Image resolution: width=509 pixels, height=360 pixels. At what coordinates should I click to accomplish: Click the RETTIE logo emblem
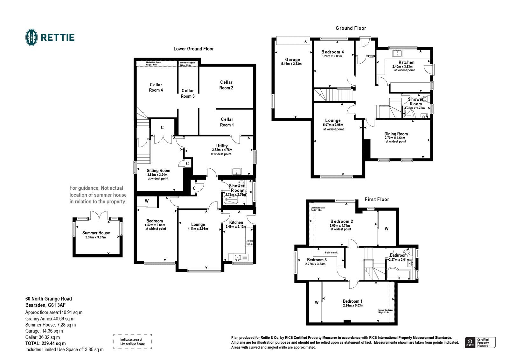click(31, 37)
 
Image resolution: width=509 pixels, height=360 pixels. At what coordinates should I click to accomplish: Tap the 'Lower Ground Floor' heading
click(193, 49)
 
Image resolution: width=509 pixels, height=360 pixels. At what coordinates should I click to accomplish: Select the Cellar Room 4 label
click(156, 88)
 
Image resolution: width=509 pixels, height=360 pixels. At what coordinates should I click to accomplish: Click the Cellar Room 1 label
click(227, 122)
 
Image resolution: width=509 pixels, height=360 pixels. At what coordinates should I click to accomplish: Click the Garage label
click(292, 60)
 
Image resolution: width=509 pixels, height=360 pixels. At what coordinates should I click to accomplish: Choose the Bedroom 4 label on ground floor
click(332, 52)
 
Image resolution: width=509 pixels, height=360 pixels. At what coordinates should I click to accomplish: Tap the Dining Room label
click(396, 134)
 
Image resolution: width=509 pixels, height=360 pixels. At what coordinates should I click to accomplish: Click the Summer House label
click(96, 233)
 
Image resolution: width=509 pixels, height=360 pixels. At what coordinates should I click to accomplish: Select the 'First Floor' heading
click(377, 199)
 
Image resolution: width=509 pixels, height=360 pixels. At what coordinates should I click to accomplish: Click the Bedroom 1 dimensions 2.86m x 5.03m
click(353, 306)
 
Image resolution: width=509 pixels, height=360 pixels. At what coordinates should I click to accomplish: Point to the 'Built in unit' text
click(331, 252)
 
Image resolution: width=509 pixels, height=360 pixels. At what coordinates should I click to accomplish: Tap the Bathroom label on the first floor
click(399, 255)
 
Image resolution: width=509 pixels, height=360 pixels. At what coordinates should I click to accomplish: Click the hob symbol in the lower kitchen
click(249, 243)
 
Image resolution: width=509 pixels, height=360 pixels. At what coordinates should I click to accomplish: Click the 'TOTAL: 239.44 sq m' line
click(45, 343)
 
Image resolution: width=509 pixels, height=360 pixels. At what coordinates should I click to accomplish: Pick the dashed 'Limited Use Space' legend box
click(132, 342)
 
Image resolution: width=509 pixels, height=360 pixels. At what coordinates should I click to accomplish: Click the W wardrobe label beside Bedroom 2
click(387, 229)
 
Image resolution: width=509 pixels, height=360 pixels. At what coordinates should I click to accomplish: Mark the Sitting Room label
click(158, 171)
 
